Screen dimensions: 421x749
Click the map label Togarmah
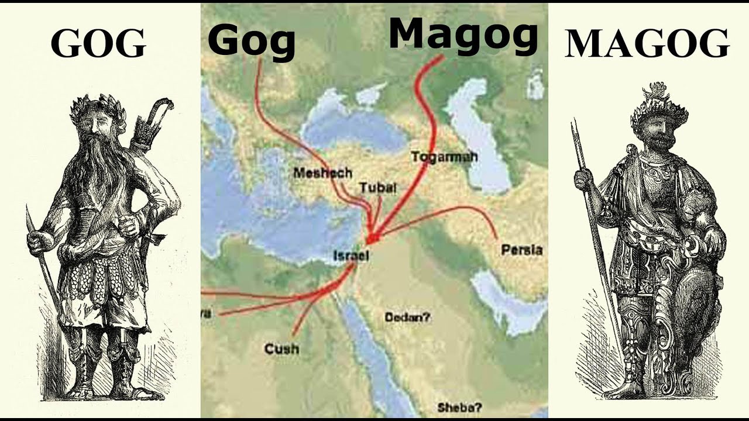click(444, 157)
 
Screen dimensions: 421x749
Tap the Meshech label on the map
click(322, 172)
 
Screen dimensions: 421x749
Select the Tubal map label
click(378, 188)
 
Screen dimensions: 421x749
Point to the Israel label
click(351, 256)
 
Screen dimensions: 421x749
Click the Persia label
click(521, 250)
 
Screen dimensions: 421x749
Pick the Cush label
click(281, 349)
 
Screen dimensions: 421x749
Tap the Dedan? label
click(407, 318)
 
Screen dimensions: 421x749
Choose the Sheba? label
click(459, 408)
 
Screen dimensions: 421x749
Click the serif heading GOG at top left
click(98, 43)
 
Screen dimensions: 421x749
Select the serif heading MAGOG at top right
click(647, 43)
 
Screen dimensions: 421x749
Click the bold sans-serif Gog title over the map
click(251, 41)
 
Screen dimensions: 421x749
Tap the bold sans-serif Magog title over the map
click(463, 34)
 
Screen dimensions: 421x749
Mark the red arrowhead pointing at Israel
click(372, 238)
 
